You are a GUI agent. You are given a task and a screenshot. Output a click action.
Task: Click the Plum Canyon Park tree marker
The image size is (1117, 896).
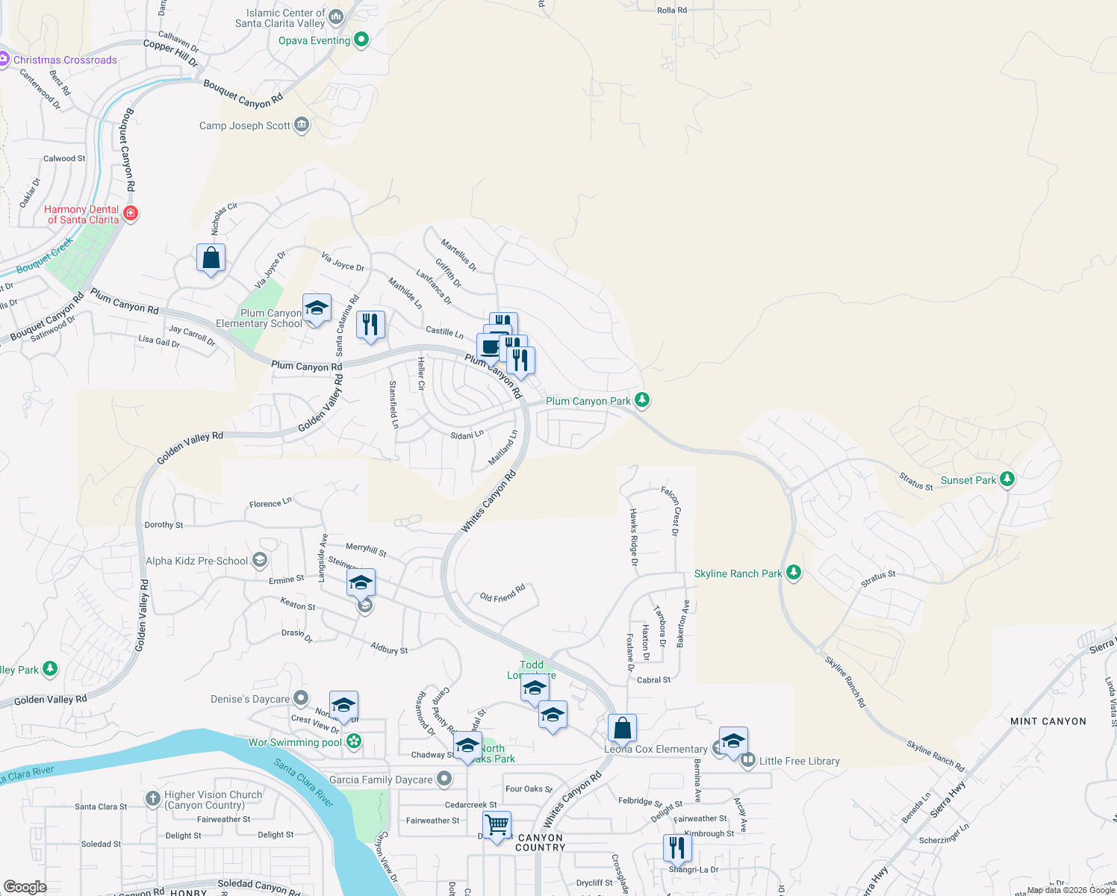(641, 400)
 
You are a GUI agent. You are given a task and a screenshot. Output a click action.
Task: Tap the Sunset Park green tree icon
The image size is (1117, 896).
(1007, 479)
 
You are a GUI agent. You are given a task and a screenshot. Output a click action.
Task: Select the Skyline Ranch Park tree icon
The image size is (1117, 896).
(794, 573)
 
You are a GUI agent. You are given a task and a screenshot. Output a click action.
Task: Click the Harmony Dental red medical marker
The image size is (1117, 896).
(131, 214)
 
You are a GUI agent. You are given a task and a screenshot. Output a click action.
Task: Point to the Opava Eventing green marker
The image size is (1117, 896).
(361, 40)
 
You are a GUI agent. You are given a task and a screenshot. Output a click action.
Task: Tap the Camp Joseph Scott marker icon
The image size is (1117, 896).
(302, 125)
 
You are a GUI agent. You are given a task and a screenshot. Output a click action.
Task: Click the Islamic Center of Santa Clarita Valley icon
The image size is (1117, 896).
(336, 16)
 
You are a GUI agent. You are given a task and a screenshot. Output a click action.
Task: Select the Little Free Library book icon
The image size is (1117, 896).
(747, 761)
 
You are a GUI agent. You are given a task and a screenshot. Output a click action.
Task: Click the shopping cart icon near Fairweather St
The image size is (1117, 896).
(497, 825)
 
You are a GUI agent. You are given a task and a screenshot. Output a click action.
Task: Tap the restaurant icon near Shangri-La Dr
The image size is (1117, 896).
(676, 847)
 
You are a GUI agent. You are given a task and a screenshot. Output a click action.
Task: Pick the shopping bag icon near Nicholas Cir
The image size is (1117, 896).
(211, 258)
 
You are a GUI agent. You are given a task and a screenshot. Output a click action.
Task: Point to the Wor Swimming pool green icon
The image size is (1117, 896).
(354, 741)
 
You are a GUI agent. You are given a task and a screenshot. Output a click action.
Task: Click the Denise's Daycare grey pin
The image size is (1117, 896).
(300, 698)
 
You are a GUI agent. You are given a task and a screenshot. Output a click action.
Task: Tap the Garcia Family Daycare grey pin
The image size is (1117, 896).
(444, 780)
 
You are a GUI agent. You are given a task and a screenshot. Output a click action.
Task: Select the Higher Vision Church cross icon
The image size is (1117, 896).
(153, 798)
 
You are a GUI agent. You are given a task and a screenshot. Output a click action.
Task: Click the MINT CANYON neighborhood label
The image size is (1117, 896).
(1048, 721)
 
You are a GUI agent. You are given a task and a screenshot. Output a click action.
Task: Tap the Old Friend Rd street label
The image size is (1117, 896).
(503, 594)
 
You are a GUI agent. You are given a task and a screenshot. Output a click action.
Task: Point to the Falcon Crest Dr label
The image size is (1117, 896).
(670, 511)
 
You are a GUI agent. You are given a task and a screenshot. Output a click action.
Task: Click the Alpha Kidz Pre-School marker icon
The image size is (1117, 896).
(259, 560)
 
